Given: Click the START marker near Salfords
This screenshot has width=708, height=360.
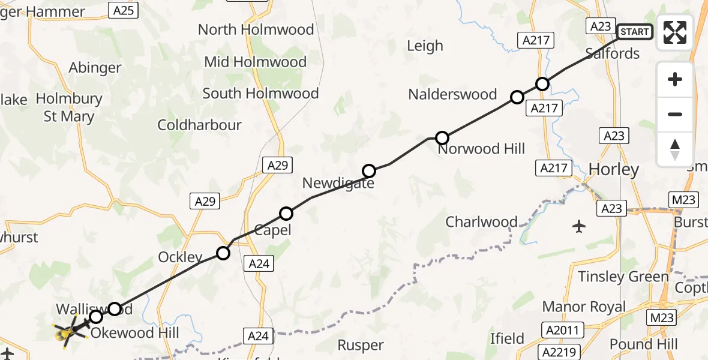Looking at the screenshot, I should coord(634,32).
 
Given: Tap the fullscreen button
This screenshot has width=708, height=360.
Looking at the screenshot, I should coord(675,32).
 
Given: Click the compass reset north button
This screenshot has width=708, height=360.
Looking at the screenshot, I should coord(675,149).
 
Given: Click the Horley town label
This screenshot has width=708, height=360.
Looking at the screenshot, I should coord(614,170).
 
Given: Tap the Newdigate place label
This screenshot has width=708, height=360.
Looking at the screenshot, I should coord(338,184).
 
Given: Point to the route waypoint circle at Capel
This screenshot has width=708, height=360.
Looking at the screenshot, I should coord(286,214).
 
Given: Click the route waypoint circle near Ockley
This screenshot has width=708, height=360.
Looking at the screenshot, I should coord(223,253).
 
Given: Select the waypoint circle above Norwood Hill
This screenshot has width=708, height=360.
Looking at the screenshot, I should coord(442,138).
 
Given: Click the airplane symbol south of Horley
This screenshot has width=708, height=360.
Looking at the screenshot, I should coord(579,227).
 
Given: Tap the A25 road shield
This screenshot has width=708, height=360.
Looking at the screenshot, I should coord(124,10).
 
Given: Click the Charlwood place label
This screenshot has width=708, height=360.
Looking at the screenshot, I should coord(481,222).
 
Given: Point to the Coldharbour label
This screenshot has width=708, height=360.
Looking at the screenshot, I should coord(199,125).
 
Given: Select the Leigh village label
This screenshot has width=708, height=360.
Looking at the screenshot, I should coord(425,46).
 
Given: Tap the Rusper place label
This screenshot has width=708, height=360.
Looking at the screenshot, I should coord(360,345).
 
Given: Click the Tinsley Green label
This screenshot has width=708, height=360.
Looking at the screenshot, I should coord(623,277).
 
